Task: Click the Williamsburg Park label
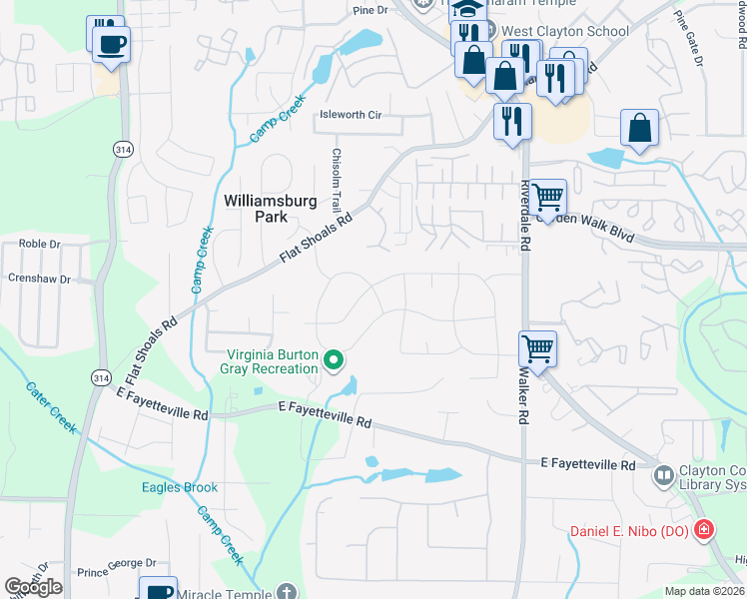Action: (270, 209)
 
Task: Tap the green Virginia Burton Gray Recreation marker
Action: (337, 360)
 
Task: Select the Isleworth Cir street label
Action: (350, 115)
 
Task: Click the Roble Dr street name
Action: (40, 243)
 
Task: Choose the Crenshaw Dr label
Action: (39, 280)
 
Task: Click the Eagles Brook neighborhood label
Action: (180, 488)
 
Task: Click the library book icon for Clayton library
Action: (663, 476)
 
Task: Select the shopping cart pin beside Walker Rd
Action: (537, 349)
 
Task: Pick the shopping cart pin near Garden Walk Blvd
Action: (547, 197)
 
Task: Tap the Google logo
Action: (33, 587)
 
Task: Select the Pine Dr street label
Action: (370, 10)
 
